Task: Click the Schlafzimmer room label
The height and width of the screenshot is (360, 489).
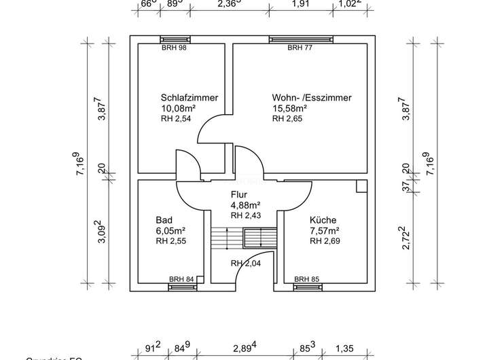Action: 189,97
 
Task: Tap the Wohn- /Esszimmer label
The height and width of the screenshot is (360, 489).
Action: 312,97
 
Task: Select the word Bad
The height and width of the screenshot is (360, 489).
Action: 163,219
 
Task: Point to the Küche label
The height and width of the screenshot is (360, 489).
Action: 323,219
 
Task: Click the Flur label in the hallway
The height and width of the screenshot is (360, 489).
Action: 239,195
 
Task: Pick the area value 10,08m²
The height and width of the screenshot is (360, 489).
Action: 179,108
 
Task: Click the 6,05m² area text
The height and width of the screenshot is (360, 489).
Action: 171,230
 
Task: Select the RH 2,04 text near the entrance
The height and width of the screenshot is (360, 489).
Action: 246,264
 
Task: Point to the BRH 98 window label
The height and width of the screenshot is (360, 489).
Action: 174,48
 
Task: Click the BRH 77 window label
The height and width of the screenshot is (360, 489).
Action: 299,48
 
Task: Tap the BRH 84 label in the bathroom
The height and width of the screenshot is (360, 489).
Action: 181,279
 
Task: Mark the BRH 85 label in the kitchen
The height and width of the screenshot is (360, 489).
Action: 307,279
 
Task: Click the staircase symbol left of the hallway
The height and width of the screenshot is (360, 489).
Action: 221,239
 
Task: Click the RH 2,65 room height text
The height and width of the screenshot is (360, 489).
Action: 287,119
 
